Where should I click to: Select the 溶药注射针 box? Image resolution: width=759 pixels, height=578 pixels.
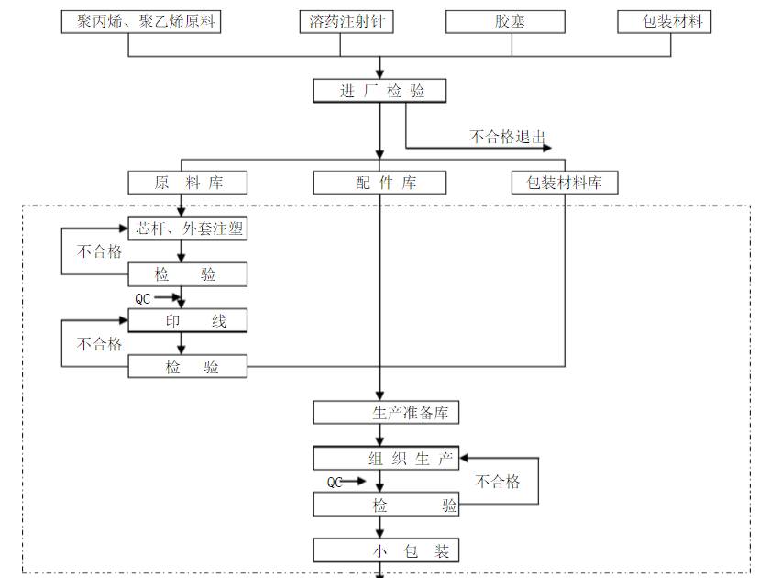(x=346, y=21)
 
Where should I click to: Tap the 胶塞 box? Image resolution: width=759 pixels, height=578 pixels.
(x=511, y=21)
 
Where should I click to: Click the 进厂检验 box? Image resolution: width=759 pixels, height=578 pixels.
(x=379, y=91)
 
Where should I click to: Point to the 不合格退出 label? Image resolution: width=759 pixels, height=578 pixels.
(x=507, y=137)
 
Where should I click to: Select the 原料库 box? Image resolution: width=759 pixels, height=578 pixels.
(x=188, y=183)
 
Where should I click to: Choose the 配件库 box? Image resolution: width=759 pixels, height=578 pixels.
(x=379, y=183)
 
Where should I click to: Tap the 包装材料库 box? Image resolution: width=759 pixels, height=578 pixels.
(x=564, y=183)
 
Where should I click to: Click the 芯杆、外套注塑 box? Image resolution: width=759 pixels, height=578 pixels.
(x=188, y=228)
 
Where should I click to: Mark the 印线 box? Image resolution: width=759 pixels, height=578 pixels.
(x=188, y=320)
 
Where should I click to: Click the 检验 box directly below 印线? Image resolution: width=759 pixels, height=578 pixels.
(x=188, y=367)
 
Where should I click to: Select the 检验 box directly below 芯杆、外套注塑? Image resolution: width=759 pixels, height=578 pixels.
(x=188, y=274)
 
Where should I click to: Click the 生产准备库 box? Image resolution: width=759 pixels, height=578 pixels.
(x=386, y=412)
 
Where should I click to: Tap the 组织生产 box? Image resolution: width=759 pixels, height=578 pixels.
(x=386, y=458)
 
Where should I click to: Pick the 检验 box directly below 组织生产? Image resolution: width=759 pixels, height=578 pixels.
(x=386, y=505)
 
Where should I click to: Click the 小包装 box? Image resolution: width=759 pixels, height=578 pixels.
(x=386, y=550)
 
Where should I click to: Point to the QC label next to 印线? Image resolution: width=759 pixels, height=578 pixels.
(x=143, y=298)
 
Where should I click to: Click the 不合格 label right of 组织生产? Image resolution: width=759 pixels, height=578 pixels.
(x=498, y=482)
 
